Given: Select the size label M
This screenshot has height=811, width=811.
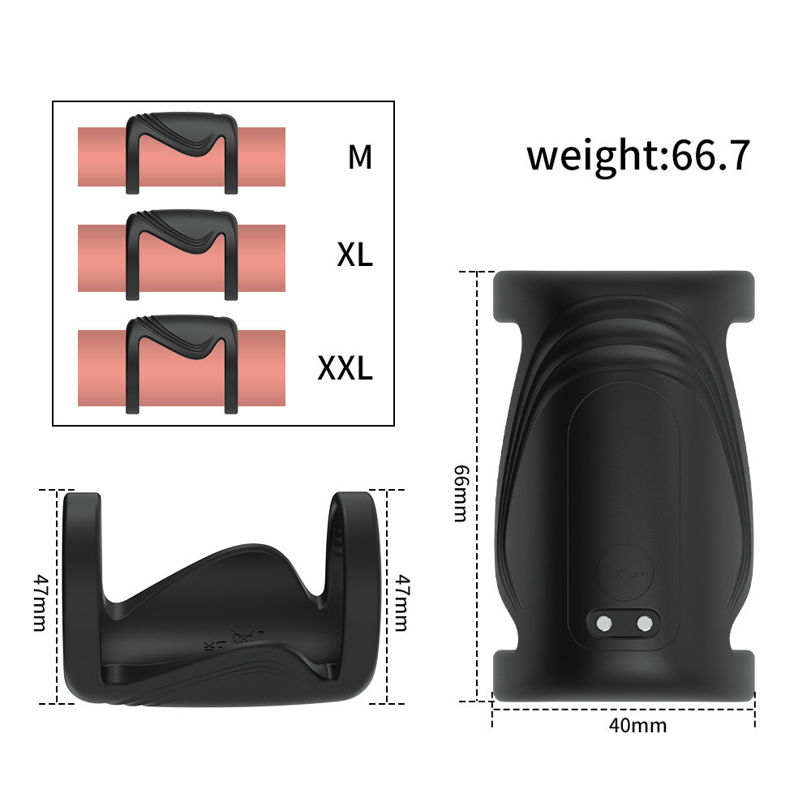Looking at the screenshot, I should (x=359, y=157).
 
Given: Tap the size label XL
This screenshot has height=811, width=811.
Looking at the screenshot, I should (x=354, y=255).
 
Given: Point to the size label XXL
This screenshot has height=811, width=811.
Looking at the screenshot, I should (x=345, y=368).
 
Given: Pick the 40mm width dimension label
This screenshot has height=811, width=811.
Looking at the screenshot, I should (x=637, y=724).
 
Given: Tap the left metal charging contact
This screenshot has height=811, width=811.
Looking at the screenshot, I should (x=603, y=623).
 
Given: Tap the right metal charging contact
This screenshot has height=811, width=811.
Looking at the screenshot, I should (x=645, y=623).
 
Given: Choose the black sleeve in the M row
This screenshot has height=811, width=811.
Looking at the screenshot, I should (x=182, y=151).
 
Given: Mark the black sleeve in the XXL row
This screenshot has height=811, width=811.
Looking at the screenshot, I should (x=182, y=362).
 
